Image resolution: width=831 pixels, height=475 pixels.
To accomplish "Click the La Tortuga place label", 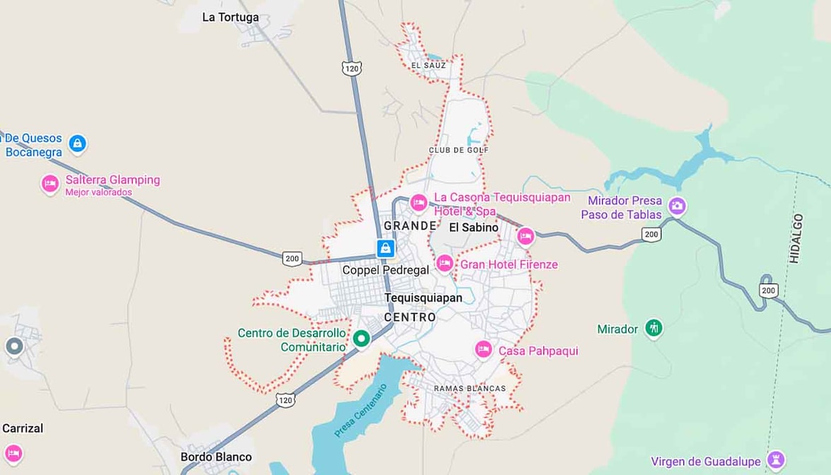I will coord(230,17).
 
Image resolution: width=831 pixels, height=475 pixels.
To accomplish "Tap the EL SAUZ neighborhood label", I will coord(428,66).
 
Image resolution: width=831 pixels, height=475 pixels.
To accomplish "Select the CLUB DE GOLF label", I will coord(459,150).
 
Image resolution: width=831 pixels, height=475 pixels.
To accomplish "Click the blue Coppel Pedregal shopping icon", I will coord(385,248).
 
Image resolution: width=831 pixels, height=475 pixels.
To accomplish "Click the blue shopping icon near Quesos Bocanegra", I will coord(78,144).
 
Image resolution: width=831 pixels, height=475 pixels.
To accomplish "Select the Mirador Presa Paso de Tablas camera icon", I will coord(677,206).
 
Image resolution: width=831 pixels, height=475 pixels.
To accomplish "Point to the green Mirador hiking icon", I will coord(654,329).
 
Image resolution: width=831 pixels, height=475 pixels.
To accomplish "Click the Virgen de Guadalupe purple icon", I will coord(776,460).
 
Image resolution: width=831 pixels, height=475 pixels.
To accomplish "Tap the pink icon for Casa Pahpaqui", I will coord(483,350).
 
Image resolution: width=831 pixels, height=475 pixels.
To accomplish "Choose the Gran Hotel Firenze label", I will coord(509,264).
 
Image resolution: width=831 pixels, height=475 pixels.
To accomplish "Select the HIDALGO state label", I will coord(796,238).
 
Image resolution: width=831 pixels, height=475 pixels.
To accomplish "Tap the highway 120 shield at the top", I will coord(351,68).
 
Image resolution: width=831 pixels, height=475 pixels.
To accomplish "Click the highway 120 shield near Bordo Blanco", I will coord(285,400).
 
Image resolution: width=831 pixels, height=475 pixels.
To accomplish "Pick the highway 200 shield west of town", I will coord(292,258).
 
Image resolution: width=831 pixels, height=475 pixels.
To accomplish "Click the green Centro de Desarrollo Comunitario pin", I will coord(362,339).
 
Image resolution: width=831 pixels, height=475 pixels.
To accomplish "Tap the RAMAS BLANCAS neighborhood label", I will coord(470,389).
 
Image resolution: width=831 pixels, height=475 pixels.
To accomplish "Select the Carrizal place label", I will coord(23,428).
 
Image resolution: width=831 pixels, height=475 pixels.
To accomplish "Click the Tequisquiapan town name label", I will coord(423,298).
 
